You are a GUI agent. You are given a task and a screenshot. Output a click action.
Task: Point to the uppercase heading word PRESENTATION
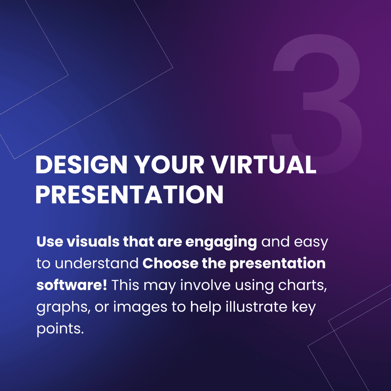pyautogui.click(x=129, y=194)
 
